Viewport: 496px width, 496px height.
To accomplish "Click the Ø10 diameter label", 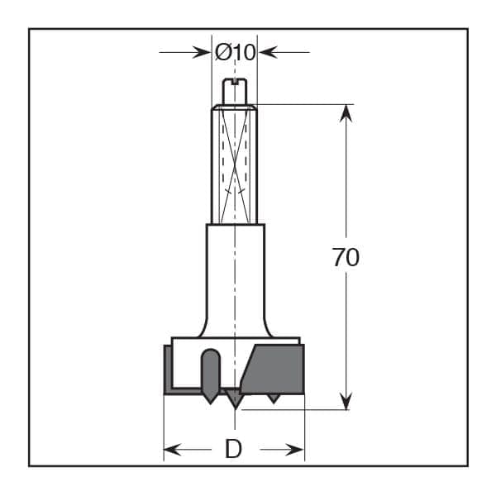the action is (x=235, y=52).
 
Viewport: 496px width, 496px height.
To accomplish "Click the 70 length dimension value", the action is (x=346, y=257).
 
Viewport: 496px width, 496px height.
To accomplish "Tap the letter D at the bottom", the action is (x=233, y=449).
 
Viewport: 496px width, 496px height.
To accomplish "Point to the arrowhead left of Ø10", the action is (x=202, y=52).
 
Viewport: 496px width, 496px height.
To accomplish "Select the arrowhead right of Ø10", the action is (x=267, y=52).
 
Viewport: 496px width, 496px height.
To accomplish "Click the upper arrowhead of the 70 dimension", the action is (x=346, y=113).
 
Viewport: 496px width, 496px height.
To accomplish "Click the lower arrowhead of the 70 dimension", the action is (x=346, y=401).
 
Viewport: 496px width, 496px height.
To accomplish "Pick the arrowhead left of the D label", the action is (x=173, y=450).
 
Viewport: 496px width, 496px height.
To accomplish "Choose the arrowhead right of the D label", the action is (x=295, y=450).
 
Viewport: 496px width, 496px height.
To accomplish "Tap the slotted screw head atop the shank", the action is (x=235, y=92).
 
